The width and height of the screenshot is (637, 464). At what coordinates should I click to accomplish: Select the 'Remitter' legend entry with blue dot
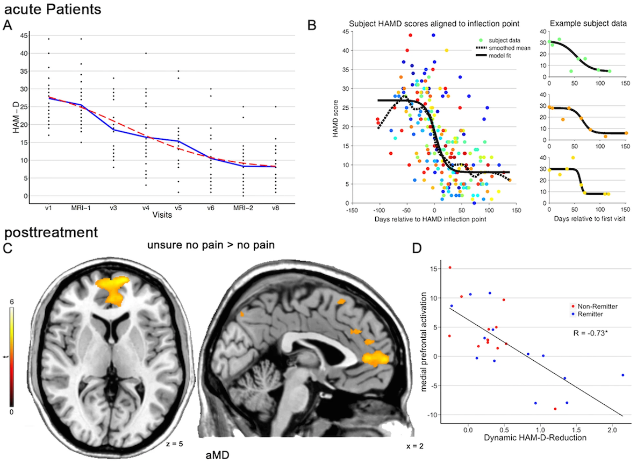(590, 314)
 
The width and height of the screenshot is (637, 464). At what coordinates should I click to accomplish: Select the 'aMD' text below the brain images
(218, 454)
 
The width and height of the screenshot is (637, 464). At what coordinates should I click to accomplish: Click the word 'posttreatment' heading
(51, 233)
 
